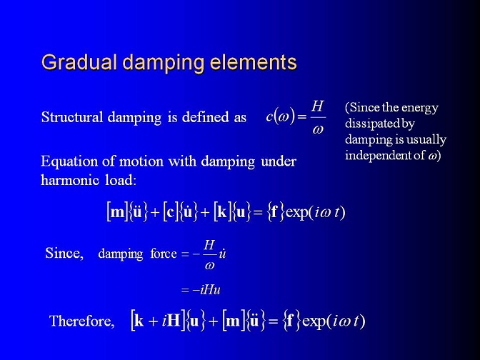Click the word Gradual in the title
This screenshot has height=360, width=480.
tap(79, 62)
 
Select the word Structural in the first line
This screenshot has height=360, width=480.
tap(72, 117)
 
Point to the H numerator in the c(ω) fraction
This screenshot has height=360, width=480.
tap(317, 106)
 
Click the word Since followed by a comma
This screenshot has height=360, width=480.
tap(64, 254)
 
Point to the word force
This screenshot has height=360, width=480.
tap(164, 254)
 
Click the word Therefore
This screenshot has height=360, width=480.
tap(82, 321)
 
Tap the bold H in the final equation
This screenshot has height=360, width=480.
tap(174, 321)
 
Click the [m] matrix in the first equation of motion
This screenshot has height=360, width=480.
tap(117, 212)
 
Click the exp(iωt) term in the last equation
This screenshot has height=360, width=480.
tap(334, 321)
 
